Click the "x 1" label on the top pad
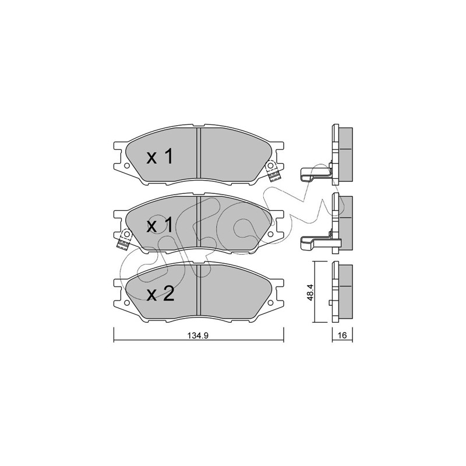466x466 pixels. coord(160,157)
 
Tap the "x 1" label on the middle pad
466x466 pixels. coord(160,225)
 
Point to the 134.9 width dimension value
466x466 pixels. coord(198,336)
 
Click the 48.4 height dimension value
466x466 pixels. coord(310,292)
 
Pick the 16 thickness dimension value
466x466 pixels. coord(343,336)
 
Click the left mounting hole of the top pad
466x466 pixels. coord(126,165)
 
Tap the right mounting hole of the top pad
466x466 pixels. coord(270,165)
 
